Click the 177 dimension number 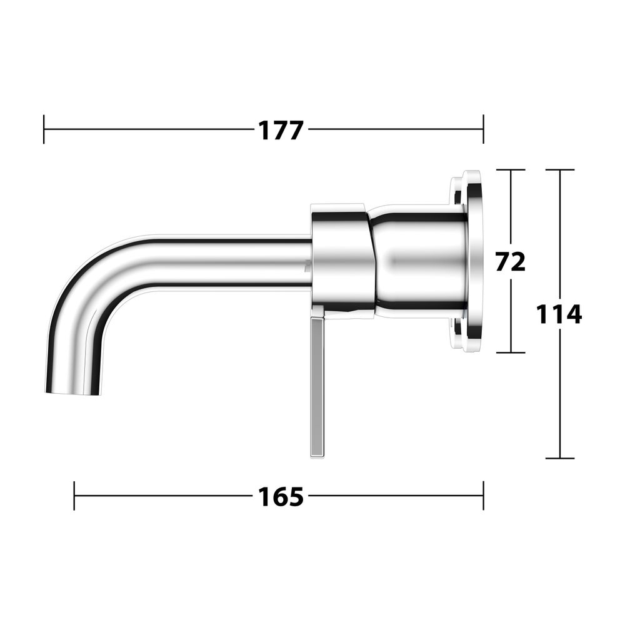[281, 131]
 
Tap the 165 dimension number [281, 497]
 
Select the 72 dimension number [511, 261]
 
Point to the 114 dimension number [559, 314]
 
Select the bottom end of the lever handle [317, 457]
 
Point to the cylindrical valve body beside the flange [419, 261]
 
